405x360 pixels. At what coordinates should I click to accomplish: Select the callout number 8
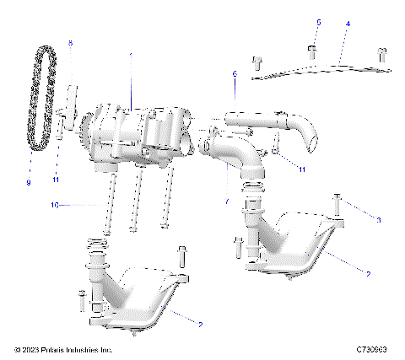70,42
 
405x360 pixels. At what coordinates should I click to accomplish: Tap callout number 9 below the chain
28,182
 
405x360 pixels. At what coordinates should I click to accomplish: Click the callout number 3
379,219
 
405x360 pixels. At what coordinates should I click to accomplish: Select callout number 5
318,22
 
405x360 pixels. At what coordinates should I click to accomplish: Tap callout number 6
235,74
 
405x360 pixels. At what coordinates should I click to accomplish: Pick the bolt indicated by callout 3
337,204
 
